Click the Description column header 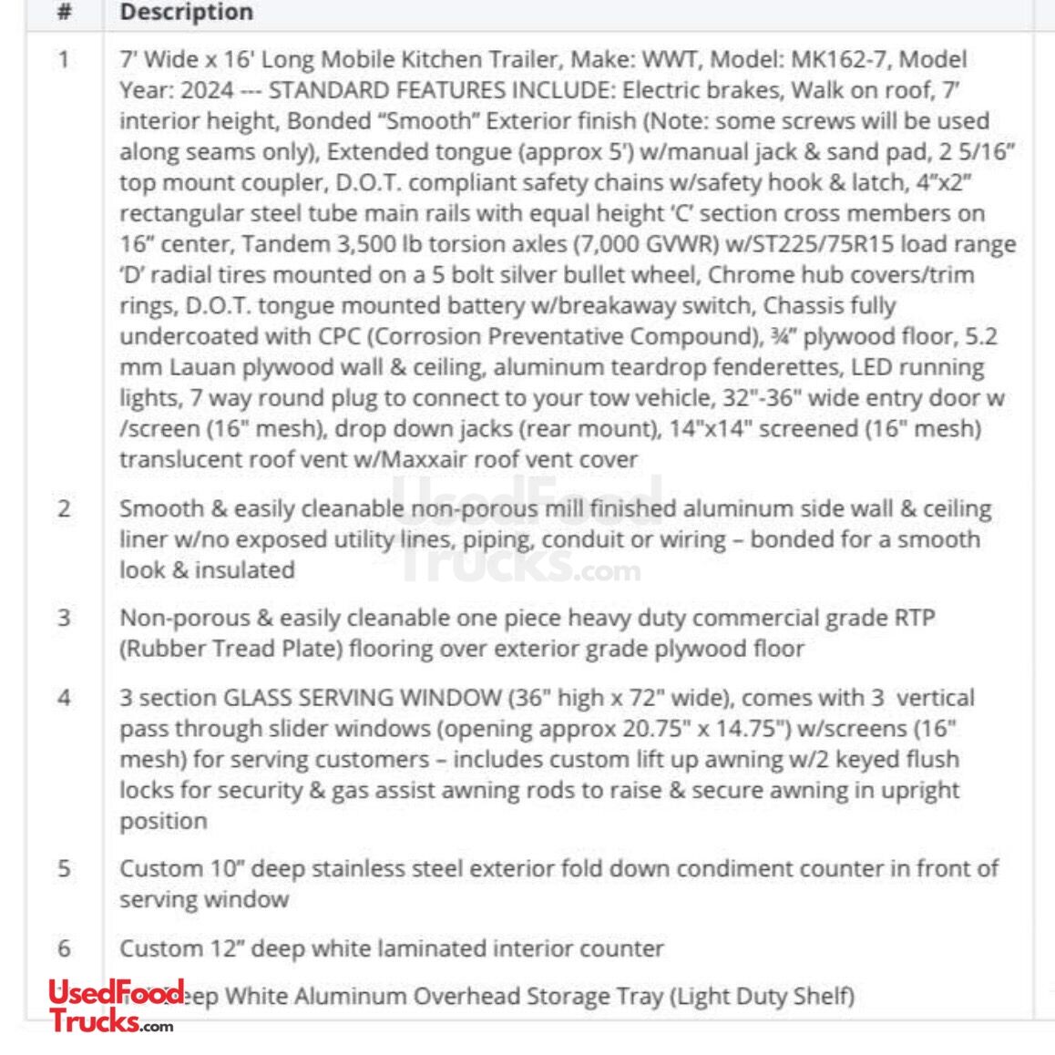tap(186, 13)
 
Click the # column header tap(64, 13)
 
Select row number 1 tap(64, 60)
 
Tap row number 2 tap(64, 508)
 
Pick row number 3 tap(64, 618)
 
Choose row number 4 tap(64, 698)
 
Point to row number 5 tap(64, 868)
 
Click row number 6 tap(64, 948)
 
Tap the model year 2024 tap(208, 91)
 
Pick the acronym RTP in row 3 tap(912, 618)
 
